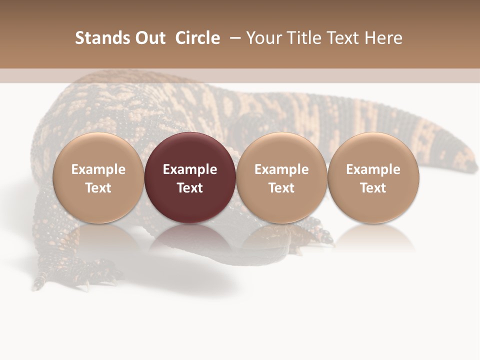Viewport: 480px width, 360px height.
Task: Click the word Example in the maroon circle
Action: pos(190,169)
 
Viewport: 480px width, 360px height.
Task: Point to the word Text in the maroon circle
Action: pos(190,188)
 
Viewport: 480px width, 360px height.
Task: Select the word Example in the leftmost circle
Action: pos(98,169)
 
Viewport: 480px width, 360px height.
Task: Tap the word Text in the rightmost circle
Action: pos(373,188)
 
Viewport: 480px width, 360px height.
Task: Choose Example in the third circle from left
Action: pos(281,169)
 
